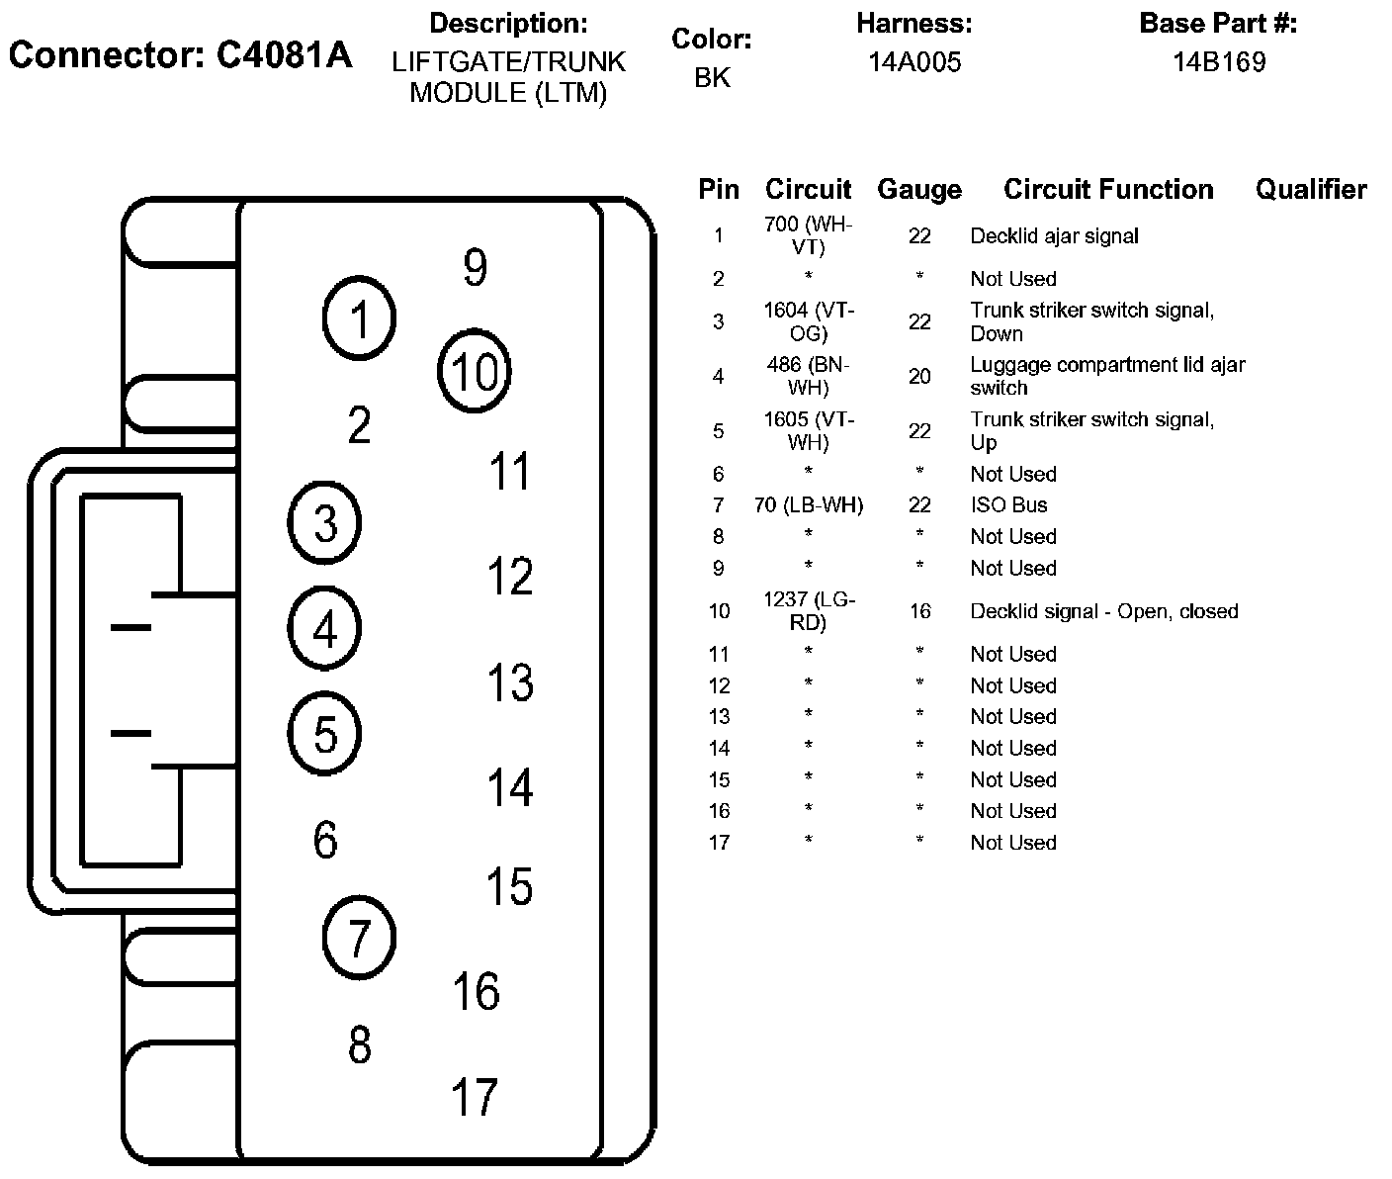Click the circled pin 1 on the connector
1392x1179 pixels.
pos(360,319)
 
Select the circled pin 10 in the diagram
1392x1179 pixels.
pos(475,372)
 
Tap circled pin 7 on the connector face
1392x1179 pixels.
pos(359,937)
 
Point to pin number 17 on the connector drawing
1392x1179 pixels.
pos(475,1097)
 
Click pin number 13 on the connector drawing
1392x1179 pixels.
pos(510,682)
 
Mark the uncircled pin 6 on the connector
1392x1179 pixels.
pos(325,840)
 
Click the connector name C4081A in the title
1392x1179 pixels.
pos(284,55)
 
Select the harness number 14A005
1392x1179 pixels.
pos(914,62)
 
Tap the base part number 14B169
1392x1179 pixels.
pos(1219,62)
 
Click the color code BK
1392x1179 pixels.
pos(712,78)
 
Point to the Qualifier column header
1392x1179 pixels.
pos(1311,189)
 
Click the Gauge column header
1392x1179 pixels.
pos(919,189)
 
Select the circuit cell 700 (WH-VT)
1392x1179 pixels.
pos(809,235)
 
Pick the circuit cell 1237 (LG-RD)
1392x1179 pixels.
pos(809,611)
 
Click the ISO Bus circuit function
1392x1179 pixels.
pos(1008,505)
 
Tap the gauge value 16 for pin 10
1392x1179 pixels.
pos(919,611)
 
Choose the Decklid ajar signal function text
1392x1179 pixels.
pos(1054,236)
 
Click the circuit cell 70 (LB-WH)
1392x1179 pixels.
pos(809,505)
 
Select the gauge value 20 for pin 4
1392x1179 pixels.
pos(919,376)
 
